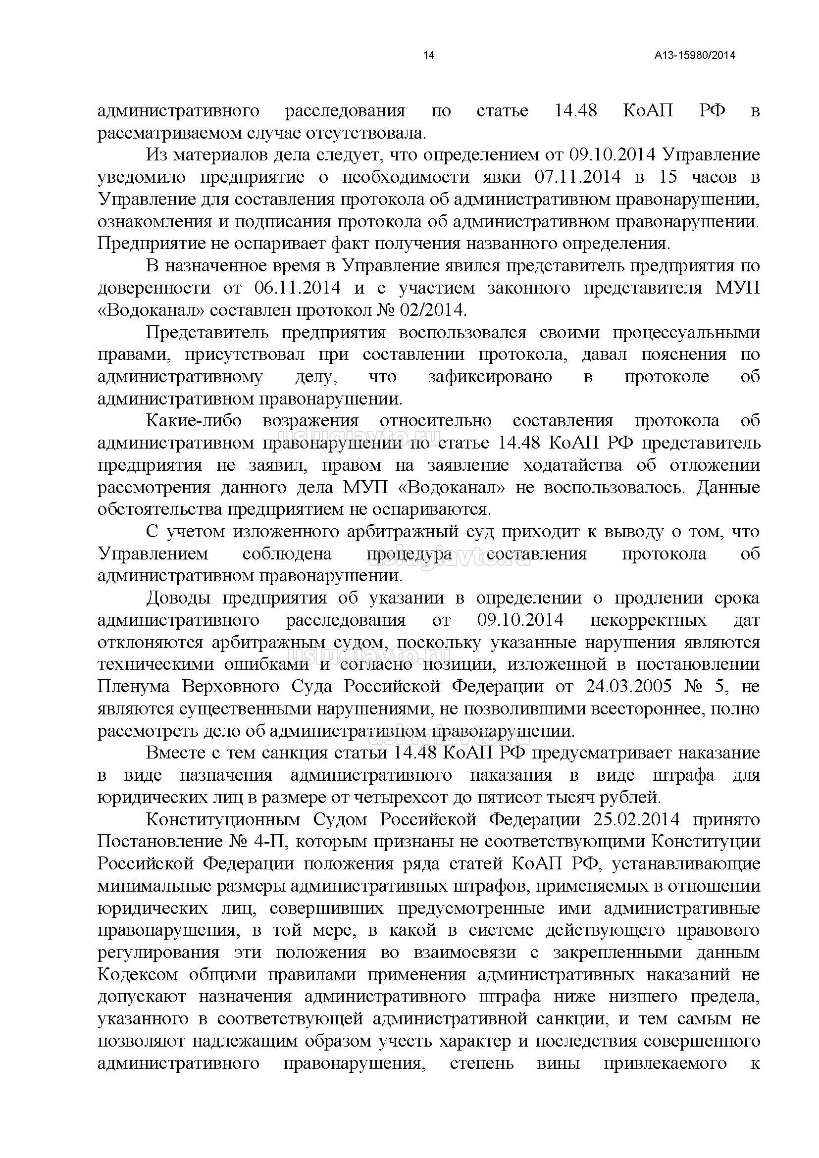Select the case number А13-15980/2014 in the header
click(x=695, y=55)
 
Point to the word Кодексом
click(x=138, y=975)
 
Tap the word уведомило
click(x=141, y=177)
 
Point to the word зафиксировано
click(x=490, y=377)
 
